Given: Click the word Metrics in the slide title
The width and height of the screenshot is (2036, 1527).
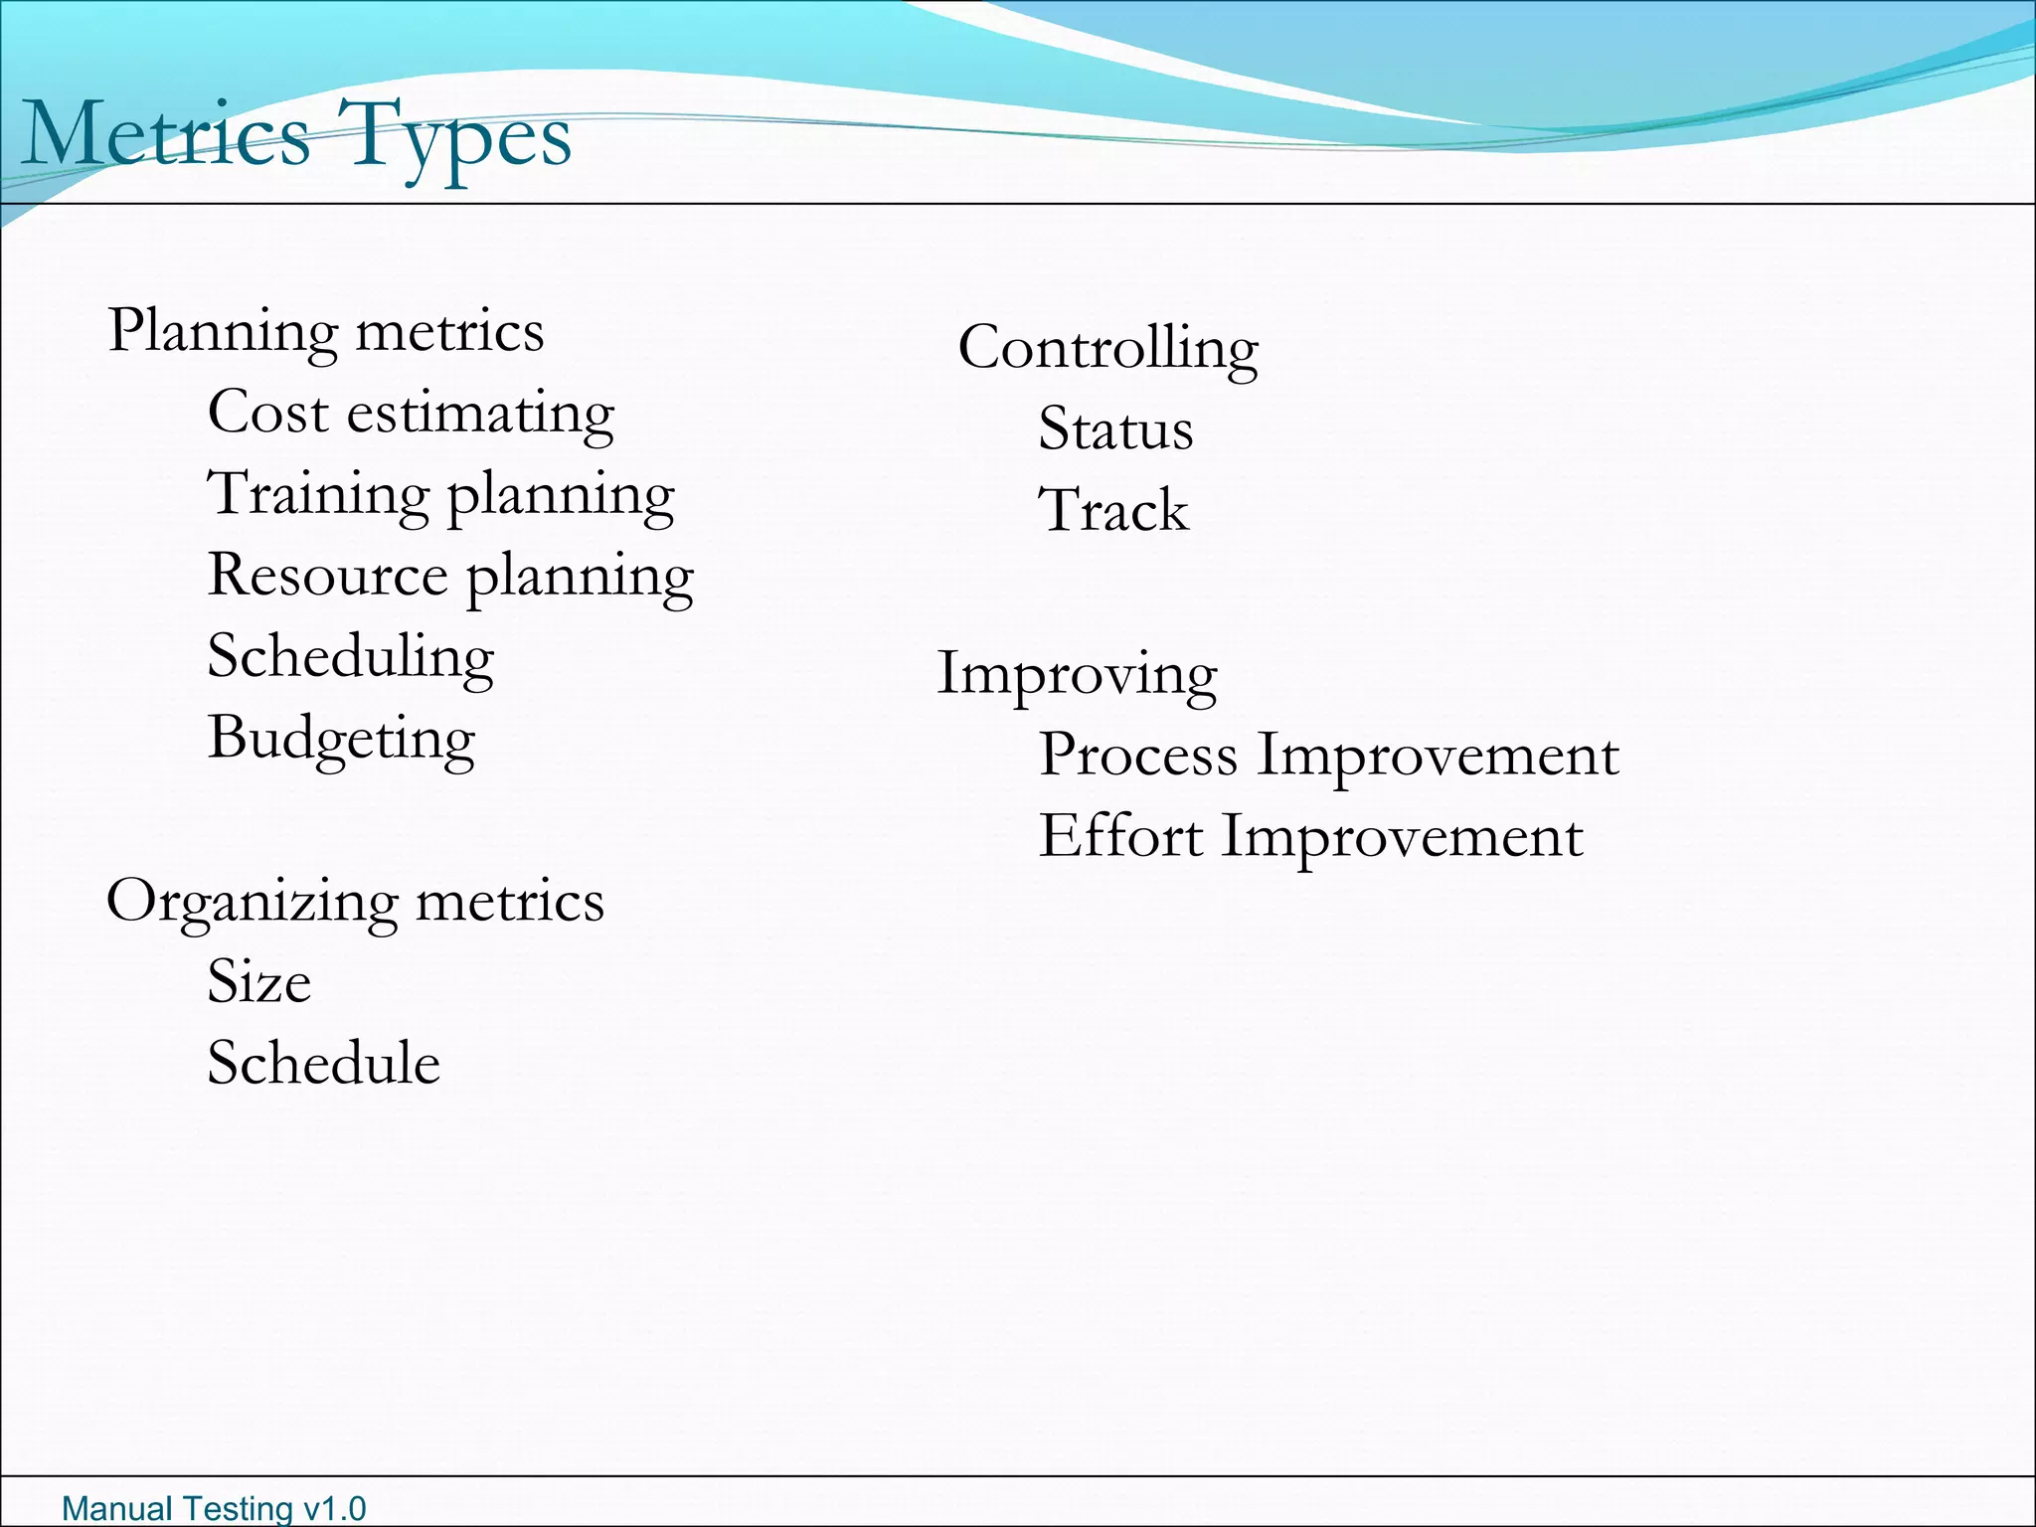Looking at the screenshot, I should click(165, 135).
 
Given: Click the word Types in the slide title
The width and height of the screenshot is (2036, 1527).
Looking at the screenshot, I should click(454, 135).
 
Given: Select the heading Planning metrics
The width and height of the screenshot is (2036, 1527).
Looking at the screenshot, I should click(326, 330).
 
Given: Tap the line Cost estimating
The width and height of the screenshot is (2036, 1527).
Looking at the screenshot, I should click(411, 413).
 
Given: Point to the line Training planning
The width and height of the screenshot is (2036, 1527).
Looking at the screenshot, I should click(440, 494).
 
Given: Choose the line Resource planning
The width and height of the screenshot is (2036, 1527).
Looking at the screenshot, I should click(450, 576).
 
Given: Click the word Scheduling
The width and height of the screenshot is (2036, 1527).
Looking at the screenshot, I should click(350, 657).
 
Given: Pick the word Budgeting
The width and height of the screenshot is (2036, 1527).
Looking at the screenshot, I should click(341, 739).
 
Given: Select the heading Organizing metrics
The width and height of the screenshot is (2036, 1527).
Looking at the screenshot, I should click(355, 902).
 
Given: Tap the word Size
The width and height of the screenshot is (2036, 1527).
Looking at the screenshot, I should click(258, 982).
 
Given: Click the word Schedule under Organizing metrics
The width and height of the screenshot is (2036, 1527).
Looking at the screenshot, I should click(323, 1063).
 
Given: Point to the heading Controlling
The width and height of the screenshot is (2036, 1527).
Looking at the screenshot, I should click(1107, 348).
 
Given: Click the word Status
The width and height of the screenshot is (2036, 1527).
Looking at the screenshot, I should click(1115, 429).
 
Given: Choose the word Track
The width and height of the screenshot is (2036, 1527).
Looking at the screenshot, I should click(1113, 511).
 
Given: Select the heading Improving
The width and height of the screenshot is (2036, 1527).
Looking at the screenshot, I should click(1077, 674).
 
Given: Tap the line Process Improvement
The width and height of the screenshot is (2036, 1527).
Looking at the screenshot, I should click(1329, 756).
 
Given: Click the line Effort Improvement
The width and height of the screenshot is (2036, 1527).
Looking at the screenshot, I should click(1310, 837).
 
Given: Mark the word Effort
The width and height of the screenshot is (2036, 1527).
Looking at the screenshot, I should click(1120, 837).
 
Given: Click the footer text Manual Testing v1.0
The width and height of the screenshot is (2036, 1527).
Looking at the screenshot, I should click(214, 1508).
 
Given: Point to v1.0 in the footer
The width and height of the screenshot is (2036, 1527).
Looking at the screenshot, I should click(334, 1508).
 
